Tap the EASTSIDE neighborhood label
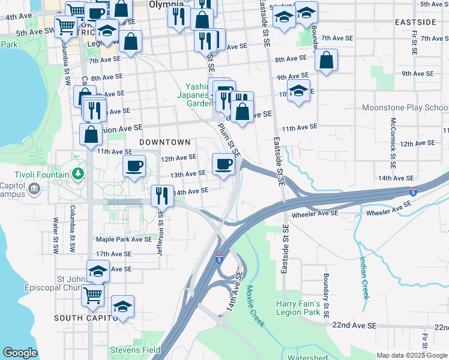tap(416, 22)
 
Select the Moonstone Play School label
tap(405, 108)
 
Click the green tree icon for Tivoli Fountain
tap(77, 174)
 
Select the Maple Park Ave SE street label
tap(124, 239)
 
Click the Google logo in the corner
tap(20, 353)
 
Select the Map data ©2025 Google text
tap(412, 355)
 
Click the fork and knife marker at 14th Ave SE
tap(161, 196)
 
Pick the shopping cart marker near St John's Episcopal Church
tap(92, 295)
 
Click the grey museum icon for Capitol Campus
tap(34, 190)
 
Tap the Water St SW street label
tap(55, 234)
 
